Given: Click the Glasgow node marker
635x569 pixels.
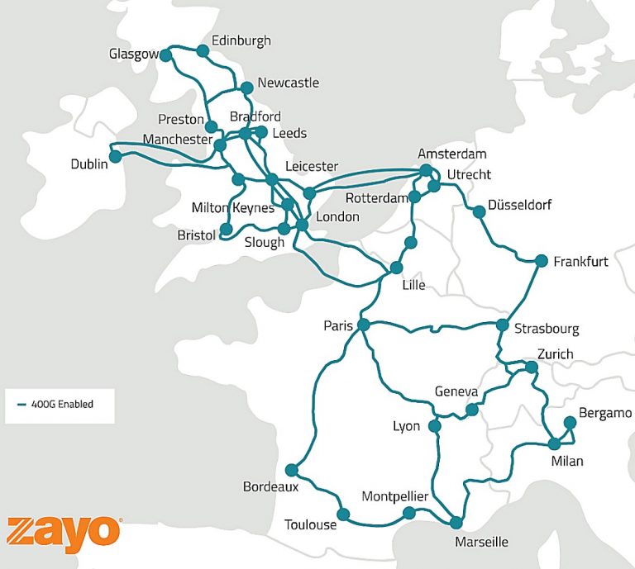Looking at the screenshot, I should click(x=165, y=55).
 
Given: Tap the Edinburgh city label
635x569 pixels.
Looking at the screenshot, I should click(x=241, y=40).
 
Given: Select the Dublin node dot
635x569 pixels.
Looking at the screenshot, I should click(x=115, y=156).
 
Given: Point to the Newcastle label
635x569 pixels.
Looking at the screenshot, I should click(x=288, y=83).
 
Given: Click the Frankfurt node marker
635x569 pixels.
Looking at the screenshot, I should click(x=542, y=261).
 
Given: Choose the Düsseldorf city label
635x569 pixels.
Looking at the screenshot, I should click(x=519, y=205).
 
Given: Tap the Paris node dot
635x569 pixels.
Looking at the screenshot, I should click(x=362, y=326).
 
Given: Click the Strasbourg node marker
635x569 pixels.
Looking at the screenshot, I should click(x=502, y=325).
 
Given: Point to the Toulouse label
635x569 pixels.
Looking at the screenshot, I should click(x=310, y=525).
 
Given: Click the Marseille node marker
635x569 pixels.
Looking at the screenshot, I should click(x=456, y=522).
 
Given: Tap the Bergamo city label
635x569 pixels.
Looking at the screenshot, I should click(x=605, y=413).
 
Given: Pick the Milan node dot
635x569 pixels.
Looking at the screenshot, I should click(x=555, y=443).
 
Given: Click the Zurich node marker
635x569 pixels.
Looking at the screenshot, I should click(x=532, y=367).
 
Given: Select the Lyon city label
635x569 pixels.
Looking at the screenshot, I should click(x=407, y=427).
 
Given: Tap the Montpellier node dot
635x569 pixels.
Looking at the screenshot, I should click(x=408, y=513).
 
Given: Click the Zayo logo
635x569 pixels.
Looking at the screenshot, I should click(x=64, y=533).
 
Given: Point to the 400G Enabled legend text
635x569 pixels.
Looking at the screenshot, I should click(x=62, y=405).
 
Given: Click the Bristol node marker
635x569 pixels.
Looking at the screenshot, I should click(x=225, y=228).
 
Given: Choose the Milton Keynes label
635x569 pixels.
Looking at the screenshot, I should click(x=232, y=207).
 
